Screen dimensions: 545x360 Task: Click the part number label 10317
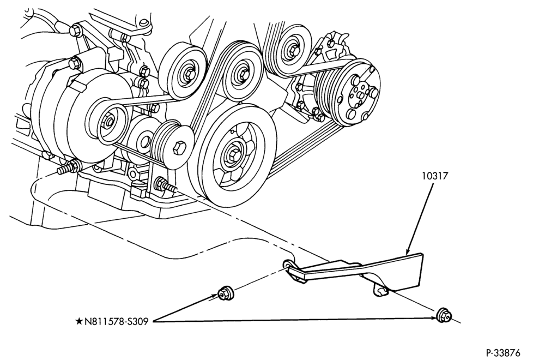point(435,176)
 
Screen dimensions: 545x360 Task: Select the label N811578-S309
point(117,321)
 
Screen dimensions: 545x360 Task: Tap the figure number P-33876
point(503,353)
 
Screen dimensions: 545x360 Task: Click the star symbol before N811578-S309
point(80,321)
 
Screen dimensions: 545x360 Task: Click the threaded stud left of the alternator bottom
point(66,167)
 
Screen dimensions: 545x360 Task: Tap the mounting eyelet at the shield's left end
point(288,263)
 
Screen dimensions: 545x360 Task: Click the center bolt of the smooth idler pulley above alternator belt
point(187,73)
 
